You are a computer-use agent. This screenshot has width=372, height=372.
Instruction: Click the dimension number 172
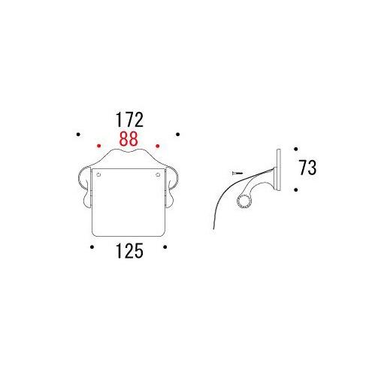129,119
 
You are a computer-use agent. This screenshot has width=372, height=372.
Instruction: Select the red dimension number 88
129,139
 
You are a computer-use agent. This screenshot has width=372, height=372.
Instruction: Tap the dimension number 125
129,251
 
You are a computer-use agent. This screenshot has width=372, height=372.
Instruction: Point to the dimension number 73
307,167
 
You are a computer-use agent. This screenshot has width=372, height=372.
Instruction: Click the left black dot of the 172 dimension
78,135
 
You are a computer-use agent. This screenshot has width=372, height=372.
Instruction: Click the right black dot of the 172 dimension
177,135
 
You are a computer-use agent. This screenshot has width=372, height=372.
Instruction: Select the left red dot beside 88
98,146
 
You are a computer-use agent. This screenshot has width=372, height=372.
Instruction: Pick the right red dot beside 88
158,146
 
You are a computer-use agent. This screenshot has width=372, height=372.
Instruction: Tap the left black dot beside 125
92,247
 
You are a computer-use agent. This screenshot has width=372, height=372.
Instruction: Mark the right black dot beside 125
165,247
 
